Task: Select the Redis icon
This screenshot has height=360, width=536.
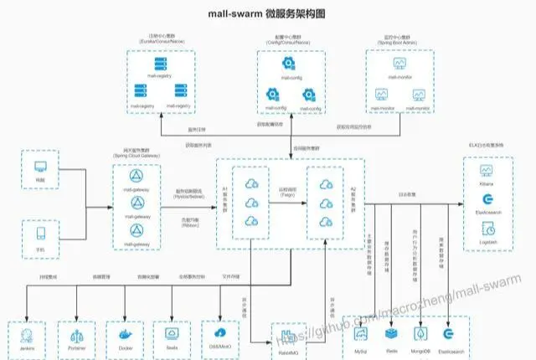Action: coord(392,333)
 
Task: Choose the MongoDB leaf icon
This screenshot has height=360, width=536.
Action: coord(420,333)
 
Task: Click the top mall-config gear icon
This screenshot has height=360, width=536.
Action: coord(286,62)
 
